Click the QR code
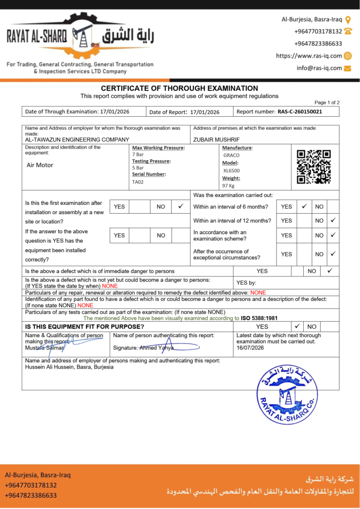(x=313, y=167)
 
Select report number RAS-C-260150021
(x=299, y=112)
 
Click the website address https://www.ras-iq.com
(x=309, y=56)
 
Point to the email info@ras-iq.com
(x=319, y=68)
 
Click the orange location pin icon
(x=348, y=19)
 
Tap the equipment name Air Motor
(x=40, y=165)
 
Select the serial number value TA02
(x=138, y=182)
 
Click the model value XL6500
(x=231, y=170)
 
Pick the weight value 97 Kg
(x=229, y=186)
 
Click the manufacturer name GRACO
(x=231, y=155)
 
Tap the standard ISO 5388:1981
(x=259, y=318)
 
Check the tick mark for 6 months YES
(x=304, y=206)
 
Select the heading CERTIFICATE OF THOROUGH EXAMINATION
(x=180, y=88)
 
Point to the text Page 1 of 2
(x=327, y=102)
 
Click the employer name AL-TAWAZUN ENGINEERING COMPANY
(x=77, y=140)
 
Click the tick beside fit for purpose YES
(x=297, y=327)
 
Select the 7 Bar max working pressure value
(x=138, y=155)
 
